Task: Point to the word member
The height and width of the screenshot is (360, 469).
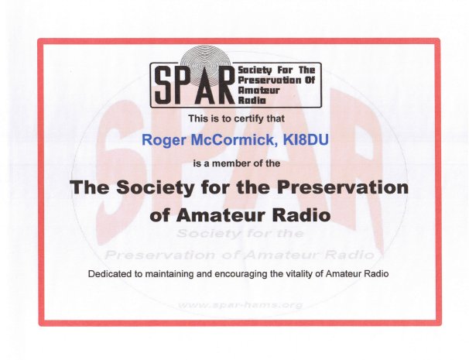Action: pos(224,163)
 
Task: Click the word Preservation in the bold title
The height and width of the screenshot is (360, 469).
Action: pos(343,187)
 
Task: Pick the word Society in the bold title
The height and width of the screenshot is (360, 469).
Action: pos(155,188)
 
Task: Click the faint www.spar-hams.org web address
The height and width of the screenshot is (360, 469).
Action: pos(240,305)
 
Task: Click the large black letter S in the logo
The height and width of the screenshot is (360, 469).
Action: pos(164,84)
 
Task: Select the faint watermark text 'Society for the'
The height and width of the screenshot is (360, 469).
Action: pos(240,233)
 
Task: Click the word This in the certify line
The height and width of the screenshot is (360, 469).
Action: pos(198,118)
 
